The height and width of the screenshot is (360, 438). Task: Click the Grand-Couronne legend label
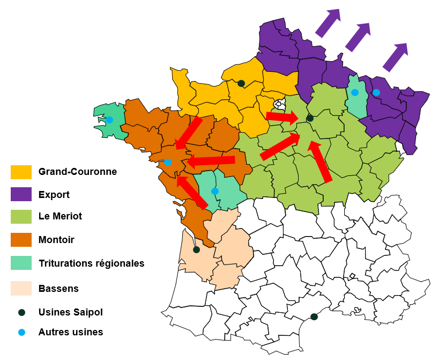pyautogui.click(x=77, y=172)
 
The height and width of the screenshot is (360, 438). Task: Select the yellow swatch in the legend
pyautogui.click(x=21, y=172)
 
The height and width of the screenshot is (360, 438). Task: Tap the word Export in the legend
pyautogui.click(x=54, y=195)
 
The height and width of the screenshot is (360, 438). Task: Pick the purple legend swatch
pyautogui.click(x=21, y=195)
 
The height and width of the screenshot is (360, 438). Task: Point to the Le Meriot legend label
pyautogui.click(x=60, y=217)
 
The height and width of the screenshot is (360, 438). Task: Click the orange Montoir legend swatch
pyautogui.click(x=21, y=240)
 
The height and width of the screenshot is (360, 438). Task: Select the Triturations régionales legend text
pyautogui.click(x=91, y=263)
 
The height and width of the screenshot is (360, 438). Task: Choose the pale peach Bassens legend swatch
pyautogui.click(x=21, y=288)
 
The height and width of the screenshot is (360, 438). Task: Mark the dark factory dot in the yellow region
pyautogui.click(x=241, y=83)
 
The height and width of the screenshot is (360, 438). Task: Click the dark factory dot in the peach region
pyautogui.click(x=196, y=249)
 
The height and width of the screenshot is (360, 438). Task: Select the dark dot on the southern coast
pyautogui.click(x=314, y=317)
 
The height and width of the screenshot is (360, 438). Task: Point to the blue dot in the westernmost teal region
pyautogui.click(x=109, y=120)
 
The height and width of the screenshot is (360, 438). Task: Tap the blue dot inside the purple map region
pyautogui.click(x=376, y=92)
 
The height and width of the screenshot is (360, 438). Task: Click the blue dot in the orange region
pyautogui.click(x=168, y=162)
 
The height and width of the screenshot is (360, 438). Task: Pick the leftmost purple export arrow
pyautogui.click(x=328, y=23)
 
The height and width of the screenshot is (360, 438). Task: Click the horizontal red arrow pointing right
pyautogui.click(x=282, y=116)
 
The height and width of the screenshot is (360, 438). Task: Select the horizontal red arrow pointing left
pyautogui.click(x=210, y=160)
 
